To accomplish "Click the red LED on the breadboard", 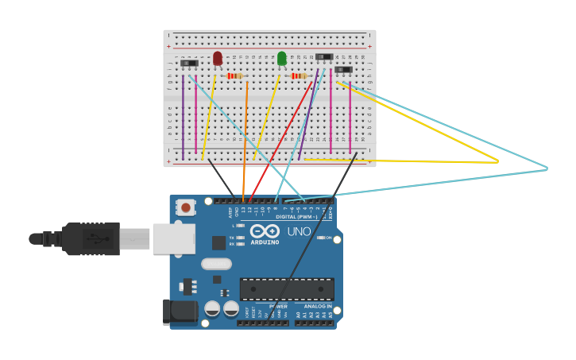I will [218, 58].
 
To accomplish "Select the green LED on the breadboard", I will [282, 58].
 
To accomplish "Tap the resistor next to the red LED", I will [234, 75].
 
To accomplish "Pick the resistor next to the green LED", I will [299, 75].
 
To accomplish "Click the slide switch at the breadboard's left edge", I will [189, 63].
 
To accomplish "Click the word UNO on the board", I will [299, 231].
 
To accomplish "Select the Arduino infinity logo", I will [265, 230].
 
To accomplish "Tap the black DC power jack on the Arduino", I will [180, 312].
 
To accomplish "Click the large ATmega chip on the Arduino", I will [287, 289].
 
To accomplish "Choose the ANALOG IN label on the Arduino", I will [319, 306].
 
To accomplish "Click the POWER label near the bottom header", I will [278, 306].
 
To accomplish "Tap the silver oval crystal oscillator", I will [216, 264].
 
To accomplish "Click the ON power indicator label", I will [328, 238].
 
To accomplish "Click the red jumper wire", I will [282, 135].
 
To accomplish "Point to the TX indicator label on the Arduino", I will [231, 238].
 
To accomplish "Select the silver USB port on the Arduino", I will [173, 238].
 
